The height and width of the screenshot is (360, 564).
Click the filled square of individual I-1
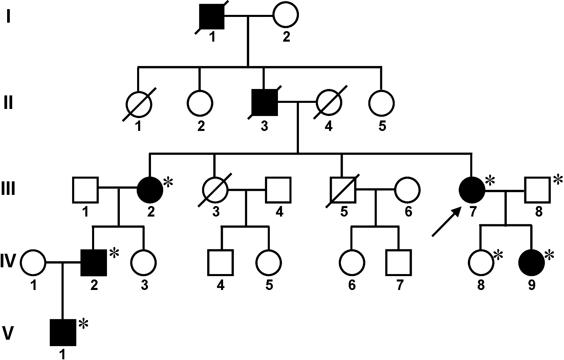point(212,16)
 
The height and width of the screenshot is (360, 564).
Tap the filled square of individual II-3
point(264,102)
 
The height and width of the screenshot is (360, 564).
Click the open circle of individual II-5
point(382,102)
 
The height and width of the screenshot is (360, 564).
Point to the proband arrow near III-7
point(446,222)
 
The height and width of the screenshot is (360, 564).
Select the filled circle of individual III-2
point(150,189)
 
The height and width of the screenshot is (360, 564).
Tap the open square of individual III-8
point(538,189)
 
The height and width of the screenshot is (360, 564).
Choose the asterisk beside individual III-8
point(557,180)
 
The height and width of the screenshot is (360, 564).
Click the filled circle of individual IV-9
point(532,263)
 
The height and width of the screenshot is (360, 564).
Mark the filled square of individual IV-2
point(94,263)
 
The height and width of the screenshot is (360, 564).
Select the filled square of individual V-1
point(63,332)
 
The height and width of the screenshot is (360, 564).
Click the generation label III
point(8,188)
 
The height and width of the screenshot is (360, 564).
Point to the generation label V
point(8,333)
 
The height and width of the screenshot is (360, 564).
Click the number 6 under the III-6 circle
point(408,212)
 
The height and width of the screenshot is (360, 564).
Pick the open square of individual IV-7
point(399,263)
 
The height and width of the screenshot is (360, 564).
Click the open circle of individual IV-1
point(33,263)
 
